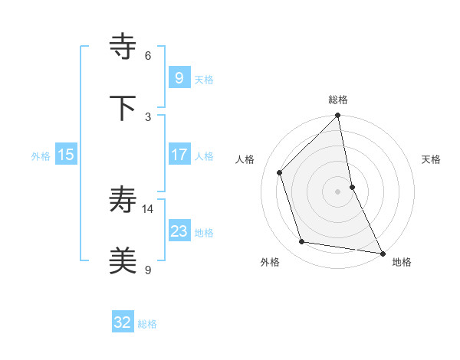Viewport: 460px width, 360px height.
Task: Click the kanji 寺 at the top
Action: [123, 47]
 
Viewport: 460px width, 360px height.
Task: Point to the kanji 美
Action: [123, 260]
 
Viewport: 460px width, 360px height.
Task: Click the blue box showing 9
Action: [179, 78]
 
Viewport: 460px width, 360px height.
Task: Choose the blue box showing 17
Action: [179, 155]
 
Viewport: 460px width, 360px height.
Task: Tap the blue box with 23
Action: [179, 231]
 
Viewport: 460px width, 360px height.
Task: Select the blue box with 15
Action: [66, 155]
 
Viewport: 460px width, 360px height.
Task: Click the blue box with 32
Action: [123, 322]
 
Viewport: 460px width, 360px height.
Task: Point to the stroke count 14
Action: [148, 208]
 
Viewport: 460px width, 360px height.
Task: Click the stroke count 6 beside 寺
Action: [148, 56]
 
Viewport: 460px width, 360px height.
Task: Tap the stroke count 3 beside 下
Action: [148, 116]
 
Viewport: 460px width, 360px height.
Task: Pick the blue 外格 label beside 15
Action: [41, 156]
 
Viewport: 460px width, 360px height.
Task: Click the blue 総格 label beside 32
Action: [147, 324]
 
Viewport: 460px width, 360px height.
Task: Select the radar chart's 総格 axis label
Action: [338, 100]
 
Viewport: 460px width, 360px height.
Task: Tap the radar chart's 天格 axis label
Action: [431, 159]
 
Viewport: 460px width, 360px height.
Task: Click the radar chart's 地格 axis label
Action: [402, 262]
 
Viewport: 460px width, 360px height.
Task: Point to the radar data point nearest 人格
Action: [280, 172]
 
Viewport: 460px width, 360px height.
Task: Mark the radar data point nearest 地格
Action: [382, 253]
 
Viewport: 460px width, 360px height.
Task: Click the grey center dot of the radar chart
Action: [338, 191]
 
